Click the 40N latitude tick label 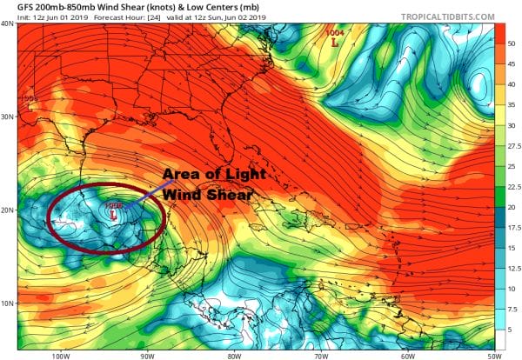[x=9, y=24]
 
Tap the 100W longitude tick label [x=60, y=355]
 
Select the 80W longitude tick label [x=232, y=355]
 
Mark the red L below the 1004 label [x=335, y=41]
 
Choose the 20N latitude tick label [x=9, y=210]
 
